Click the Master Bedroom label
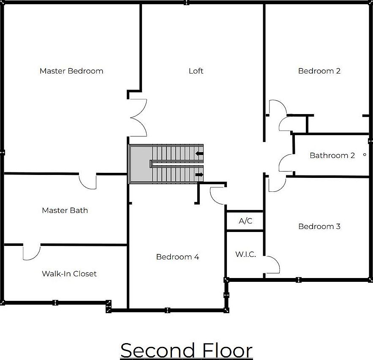pyautogui.click(x=71, y=71)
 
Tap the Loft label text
pyautogui.click(x=196, y=71)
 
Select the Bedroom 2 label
pyautogui.click(x=319, y=71)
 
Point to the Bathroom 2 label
pyautogui.click(x=332, y=155)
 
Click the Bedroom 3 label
pyautogui.click(x=319, y=226)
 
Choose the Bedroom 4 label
pyautogui.click(x=177, y=257)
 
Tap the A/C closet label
pyautogui.click(x=245, y=221)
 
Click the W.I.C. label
pyautogui.click(x=245, y=254)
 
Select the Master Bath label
pyautogui.click(x=65, y=210)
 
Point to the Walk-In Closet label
pyautogui.click(x=69, y=274)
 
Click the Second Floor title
pyautogui.click(x=186, y=350)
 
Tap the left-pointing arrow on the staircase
pyautogui.click(x=199, y=153)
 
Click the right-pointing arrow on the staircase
pyautogui.click(x=199, y=174)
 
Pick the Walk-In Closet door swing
pyautogui.click(x=32, y=252)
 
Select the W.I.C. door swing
pyautogui.click(x=272, y=265)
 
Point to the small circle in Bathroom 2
pyautogui.click(x=365, y=155)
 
